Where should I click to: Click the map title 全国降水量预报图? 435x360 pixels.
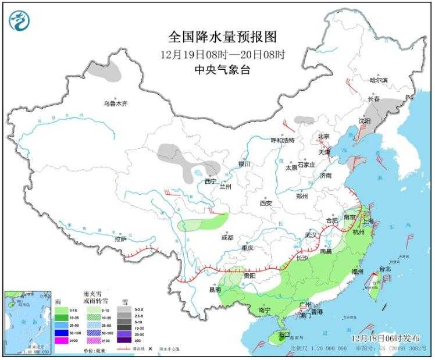[x=222, y=37]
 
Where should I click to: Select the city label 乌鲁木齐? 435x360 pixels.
[x=115, y=104]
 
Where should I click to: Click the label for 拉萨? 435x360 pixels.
[x=120, y=238]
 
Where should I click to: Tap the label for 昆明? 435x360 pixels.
[x=215, y=289]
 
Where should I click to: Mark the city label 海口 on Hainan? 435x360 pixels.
[x=283, y=335]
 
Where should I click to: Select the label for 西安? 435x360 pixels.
[x=266, y=203]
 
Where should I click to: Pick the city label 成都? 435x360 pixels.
[x=227, y=237]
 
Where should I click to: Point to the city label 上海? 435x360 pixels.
[x=367, y=221]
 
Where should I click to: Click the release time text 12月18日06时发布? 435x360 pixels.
[x=380, y=337]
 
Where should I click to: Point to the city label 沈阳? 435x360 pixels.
[x=364, y=121]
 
